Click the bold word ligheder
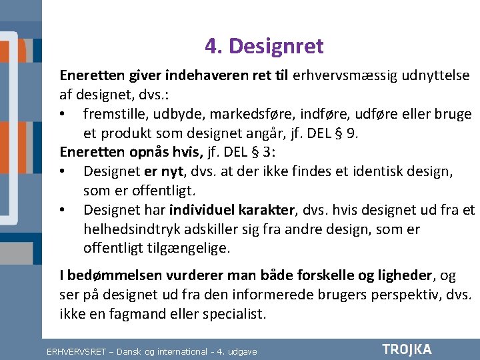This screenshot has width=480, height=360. tap(407, 275)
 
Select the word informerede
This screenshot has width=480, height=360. tap(251, 295)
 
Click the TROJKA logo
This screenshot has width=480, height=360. tap(407, 349)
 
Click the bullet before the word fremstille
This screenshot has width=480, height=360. tap(62, 115)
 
